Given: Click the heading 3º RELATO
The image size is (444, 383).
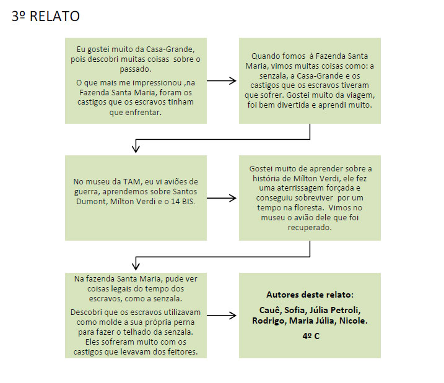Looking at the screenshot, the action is coord(46,16).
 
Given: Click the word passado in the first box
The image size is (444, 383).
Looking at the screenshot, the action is coord(135,69).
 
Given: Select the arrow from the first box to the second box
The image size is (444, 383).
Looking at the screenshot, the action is coord(222,81).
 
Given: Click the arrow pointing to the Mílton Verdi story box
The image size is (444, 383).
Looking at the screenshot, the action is coord(222,198).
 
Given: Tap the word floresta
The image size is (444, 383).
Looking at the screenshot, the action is coord(308,208).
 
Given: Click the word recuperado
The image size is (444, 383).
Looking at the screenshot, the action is coord(310,228).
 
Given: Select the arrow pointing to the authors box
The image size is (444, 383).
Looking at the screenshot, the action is coord(222,316).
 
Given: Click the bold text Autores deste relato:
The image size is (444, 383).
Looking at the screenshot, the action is coord(310,295).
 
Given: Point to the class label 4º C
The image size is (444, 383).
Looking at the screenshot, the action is coord(311,336).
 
